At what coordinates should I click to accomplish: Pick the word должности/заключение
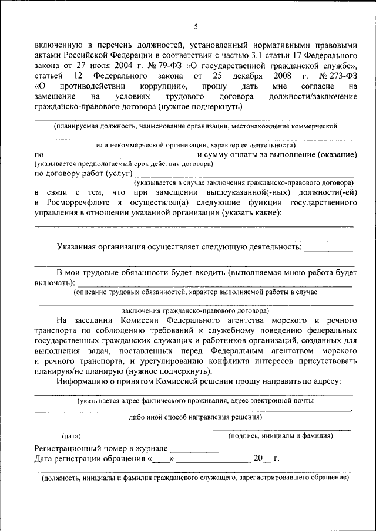coord(314,97)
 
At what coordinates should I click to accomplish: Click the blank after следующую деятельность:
coord(330,248)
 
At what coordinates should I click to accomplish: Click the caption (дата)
coord(72,436)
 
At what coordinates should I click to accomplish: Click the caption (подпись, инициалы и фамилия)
coord(280,436)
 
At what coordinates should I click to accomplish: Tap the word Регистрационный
coord(73,448)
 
